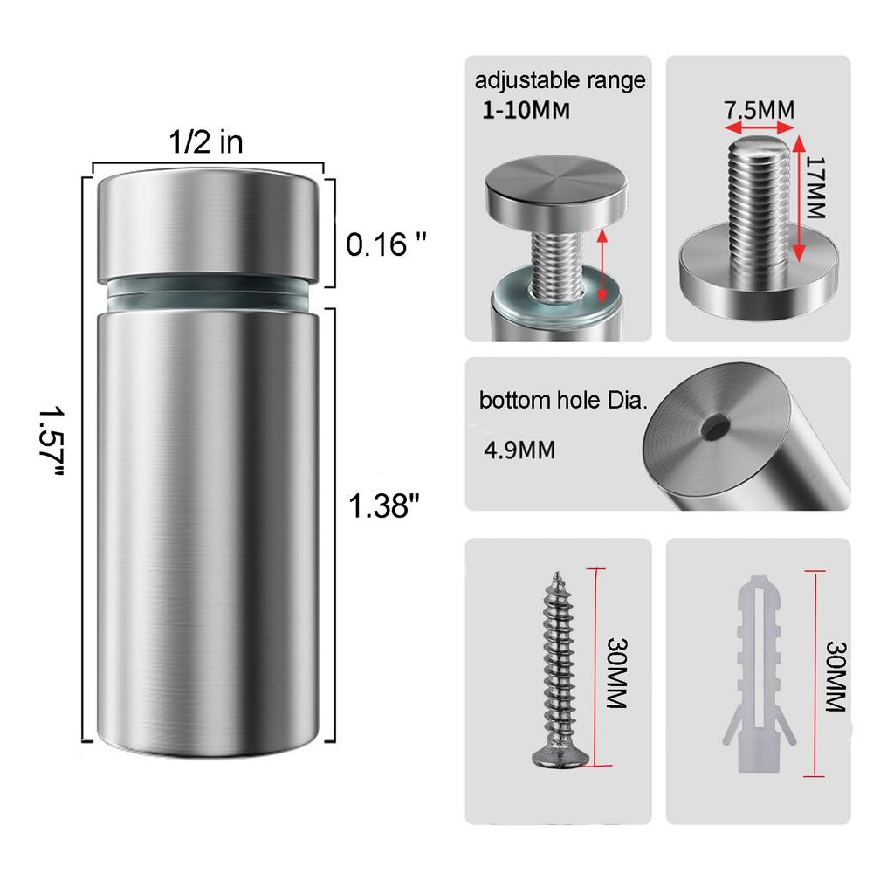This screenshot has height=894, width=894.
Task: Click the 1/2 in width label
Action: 206,142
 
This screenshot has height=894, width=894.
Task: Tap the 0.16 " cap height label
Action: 386,244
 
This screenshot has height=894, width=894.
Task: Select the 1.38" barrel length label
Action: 383,505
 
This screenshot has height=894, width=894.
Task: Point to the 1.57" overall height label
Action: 52,440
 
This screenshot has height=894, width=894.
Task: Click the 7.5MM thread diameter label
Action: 759,110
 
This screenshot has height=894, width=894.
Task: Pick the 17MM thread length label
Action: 816,188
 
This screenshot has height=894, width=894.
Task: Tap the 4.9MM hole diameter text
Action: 519,450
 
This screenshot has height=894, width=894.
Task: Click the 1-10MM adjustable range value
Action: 526,110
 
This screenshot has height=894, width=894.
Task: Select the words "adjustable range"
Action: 560,81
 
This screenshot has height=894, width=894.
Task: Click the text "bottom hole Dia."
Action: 563,400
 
